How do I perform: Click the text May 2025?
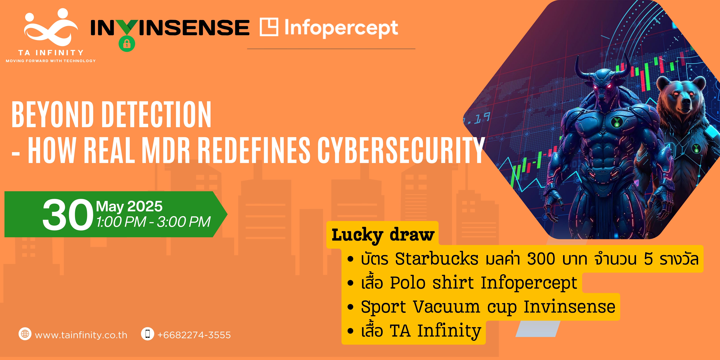click(129, 207)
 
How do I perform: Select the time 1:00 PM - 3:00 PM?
click(153, 222)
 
